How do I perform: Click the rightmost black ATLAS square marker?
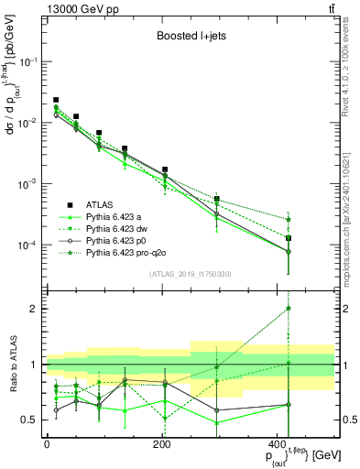coord(314,238)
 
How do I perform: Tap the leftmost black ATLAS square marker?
coord(56,100)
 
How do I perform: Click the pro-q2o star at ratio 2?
coord(314,309)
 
